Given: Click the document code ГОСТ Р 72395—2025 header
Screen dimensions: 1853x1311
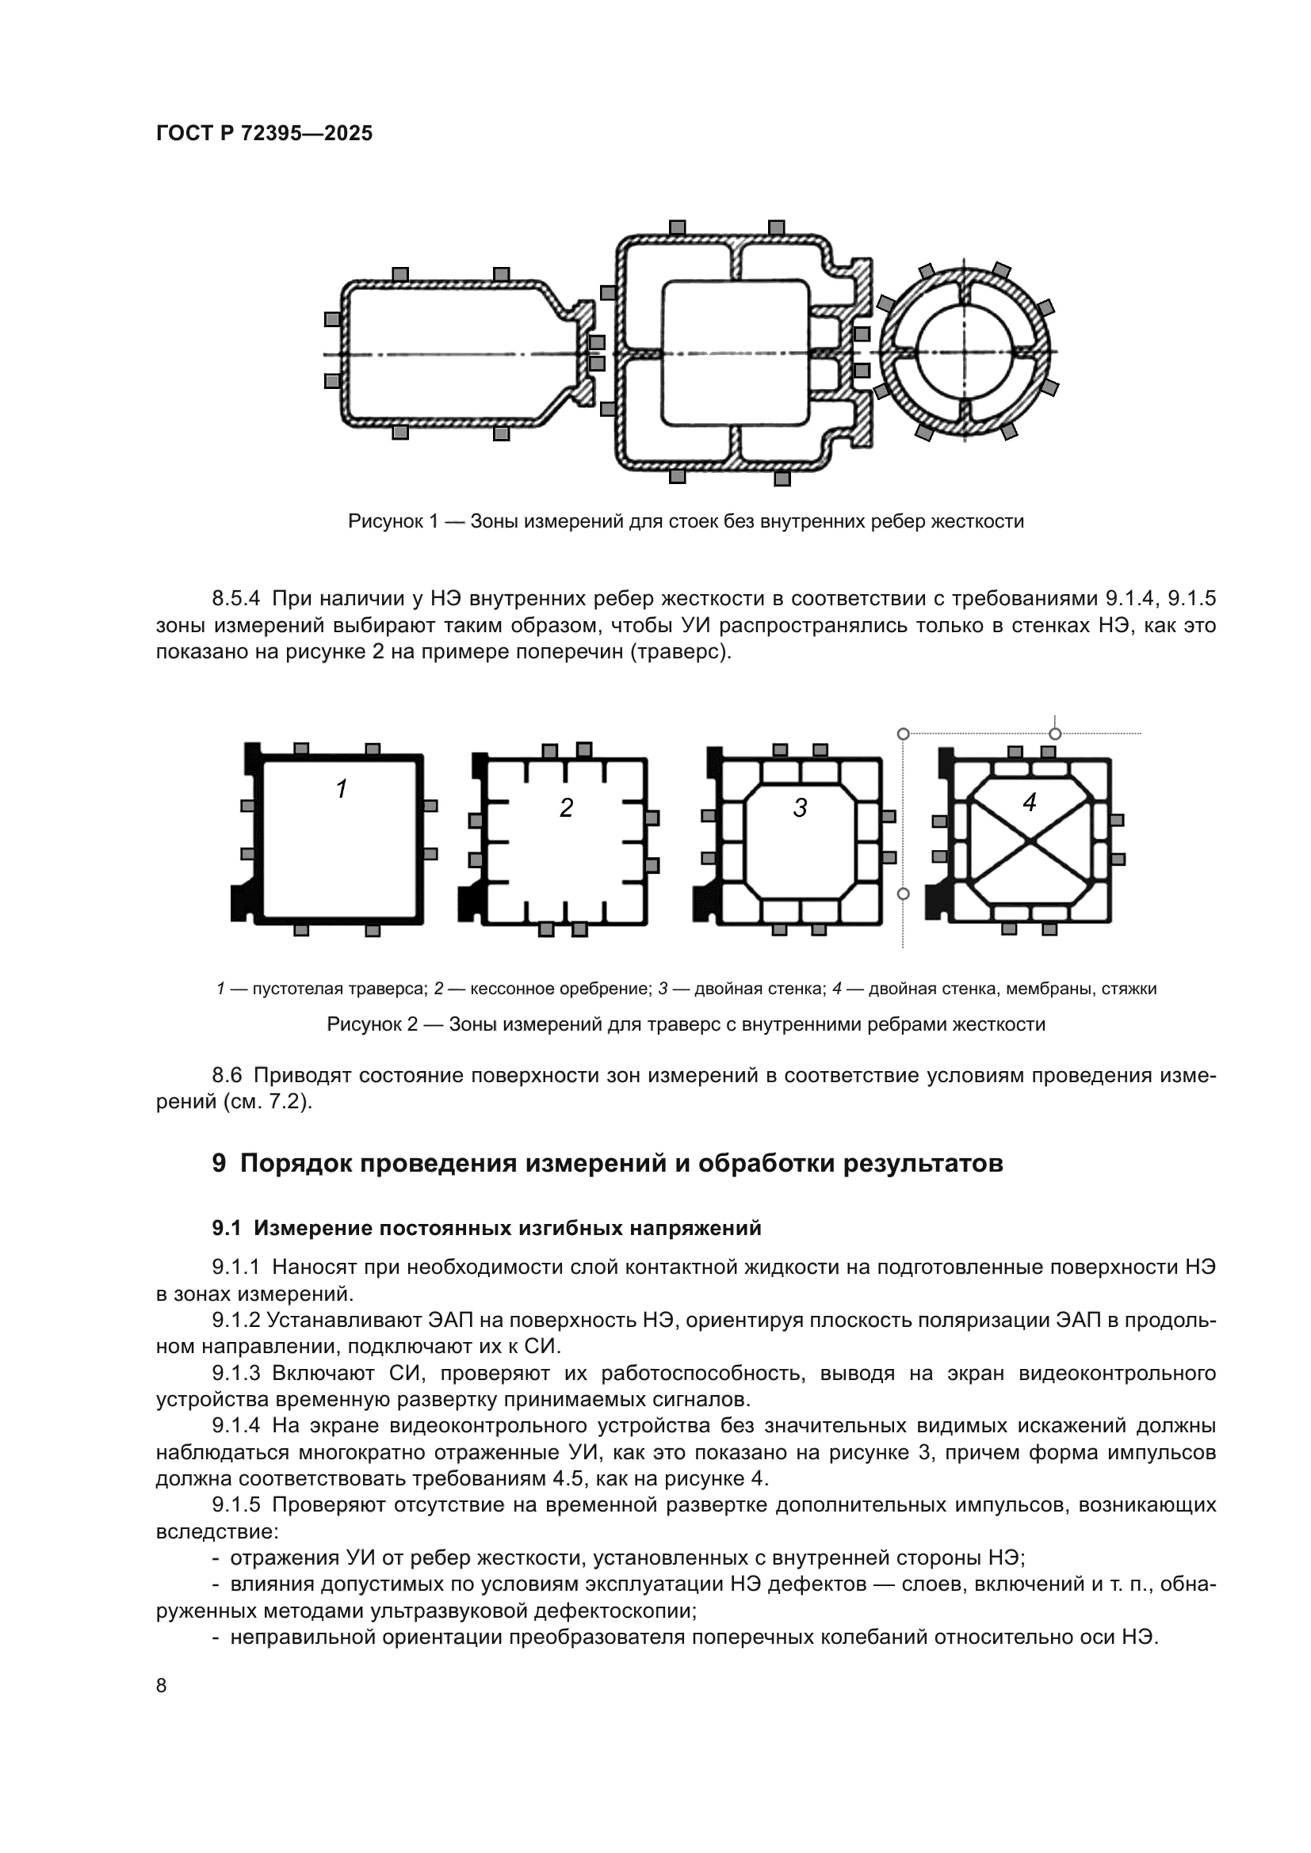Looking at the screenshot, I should tap(264, 134).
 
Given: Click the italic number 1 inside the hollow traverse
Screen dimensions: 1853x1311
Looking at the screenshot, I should tap(342, 789).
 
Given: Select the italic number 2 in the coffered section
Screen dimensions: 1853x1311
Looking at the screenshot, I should tap(566, 808).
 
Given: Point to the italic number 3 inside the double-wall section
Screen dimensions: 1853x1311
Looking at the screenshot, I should tap(800, 808).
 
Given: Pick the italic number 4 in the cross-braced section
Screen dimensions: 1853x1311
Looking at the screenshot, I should tap(1030, 803).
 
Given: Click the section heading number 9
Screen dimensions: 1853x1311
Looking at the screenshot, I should tap(219, 1164).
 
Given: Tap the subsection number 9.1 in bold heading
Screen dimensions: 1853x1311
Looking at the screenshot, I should tap(227, 1229).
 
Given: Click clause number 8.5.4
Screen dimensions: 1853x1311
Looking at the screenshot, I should tap(235, 599).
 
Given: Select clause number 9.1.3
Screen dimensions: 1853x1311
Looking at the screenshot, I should tap(235, 1374).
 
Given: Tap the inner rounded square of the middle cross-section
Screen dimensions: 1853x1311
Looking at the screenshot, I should tap(735, 353).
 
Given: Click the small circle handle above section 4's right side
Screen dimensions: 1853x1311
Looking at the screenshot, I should tap(1054, 734).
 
